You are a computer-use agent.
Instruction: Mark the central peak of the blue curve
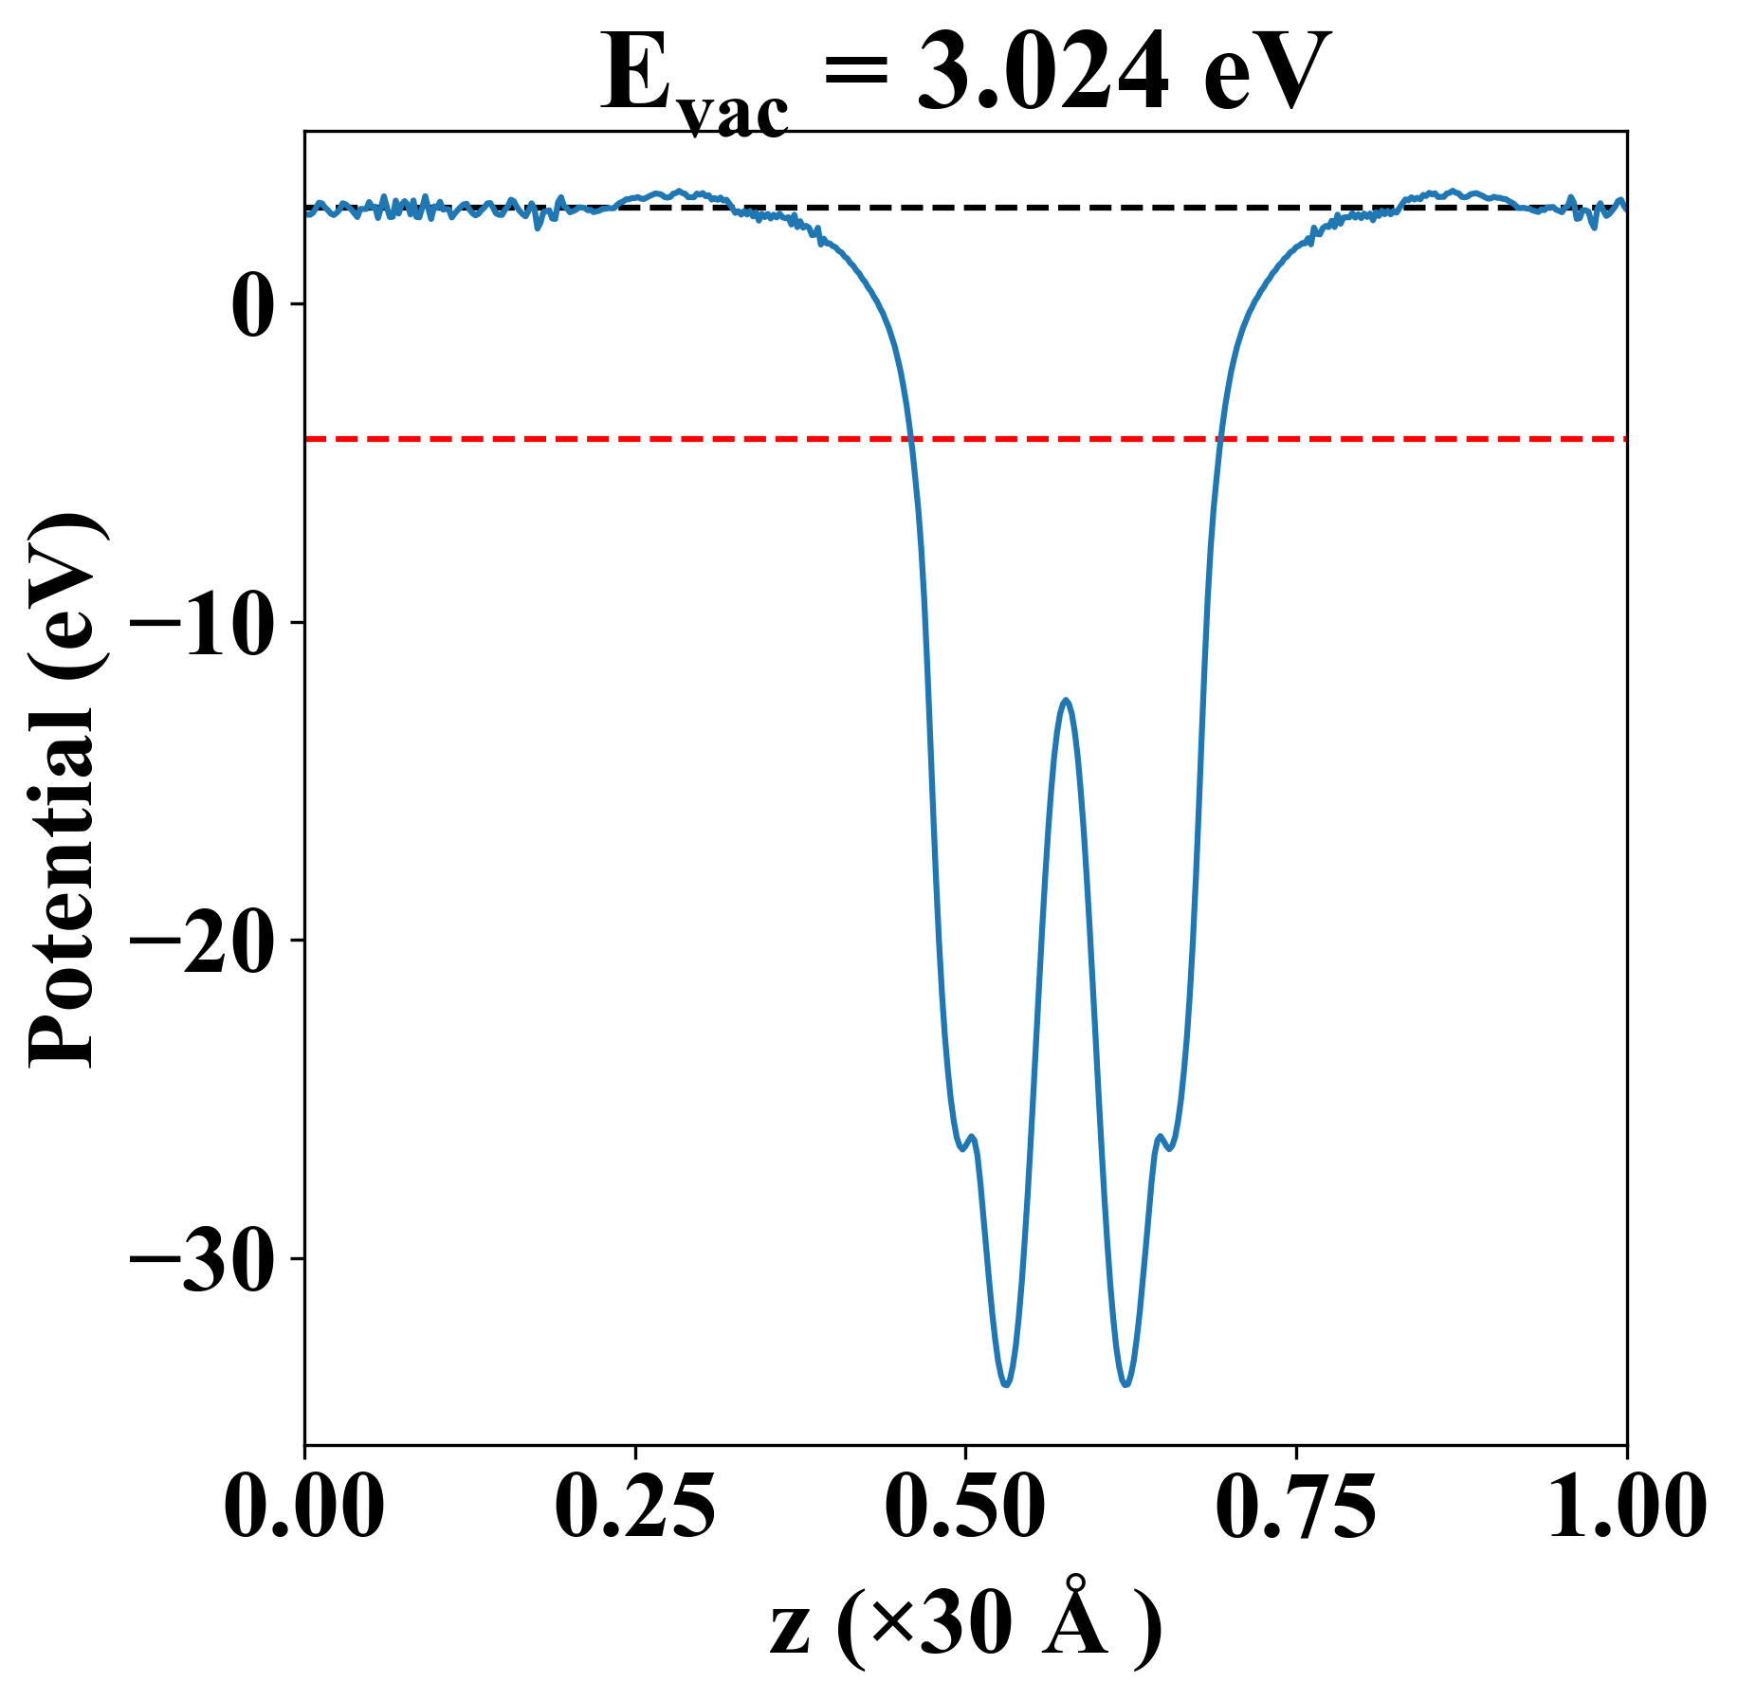click(1067, 701)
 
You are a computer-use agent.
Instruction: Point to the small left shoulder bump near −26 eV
click(972, 1137)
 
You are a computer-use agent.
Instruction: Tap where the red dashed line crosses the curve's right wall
click(1221, 439)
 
